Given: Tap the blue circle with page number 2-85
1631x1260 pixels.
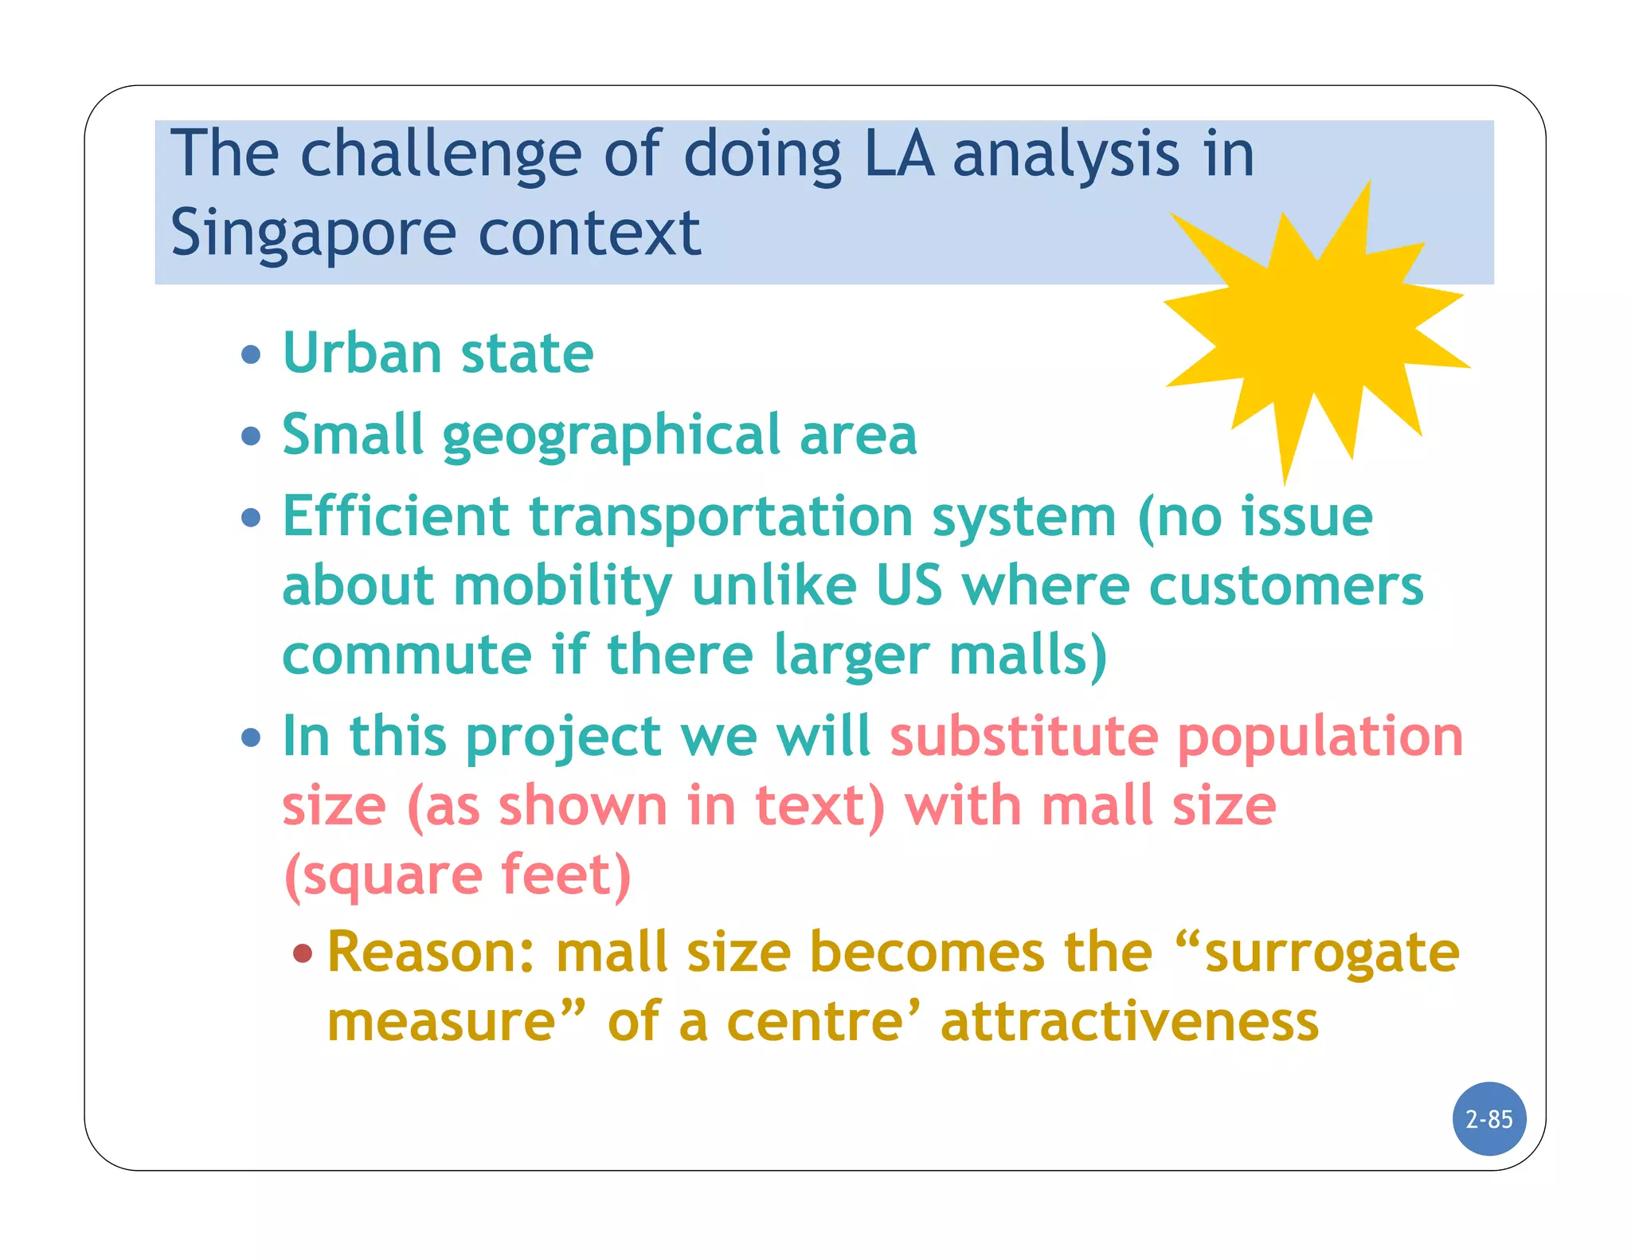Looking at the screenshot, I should pos(1488,1119).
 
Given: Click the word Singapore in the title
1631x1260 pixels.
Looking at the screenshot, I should pos(313,233).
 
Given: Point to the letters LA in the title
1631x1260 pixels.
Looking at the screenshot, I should pos(899,154).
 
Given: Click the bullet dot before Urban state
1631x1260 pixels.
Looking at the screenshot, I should pos(251,354).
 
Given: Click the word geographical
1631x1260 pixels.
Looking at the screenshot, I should pos(612,436).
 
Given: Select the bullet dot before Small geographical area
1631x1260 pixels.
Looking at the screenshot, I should pos(251,436).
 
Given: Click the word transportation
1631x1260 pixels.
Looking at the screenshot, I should pos(721,518).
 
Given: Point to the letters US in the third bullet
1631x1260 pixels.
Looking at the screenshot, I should pos(909,585).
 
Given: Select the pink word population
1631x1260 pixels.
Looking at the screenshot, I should pos(1320,737).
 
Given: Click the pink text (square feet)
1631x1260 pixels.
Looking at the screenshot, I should pos(458,875).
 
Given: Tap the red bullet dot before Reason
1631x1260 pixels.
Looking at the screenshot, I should pos(303,953).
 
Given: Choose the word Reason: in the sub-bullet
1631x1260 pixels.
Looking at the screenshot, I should pos(431,953).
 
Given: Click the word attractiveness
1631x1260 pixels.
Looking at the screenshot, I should pos(1129,1022).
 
